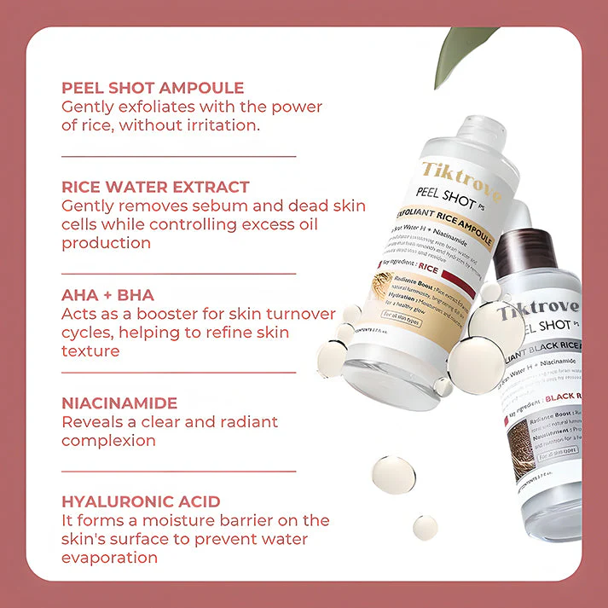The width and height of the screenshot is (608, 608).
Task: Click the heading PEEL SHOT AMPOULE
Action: pyautogui.click(x=153, y=88)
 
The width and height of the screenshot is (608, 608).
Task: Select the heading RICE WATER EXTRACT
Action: pyautogui.click(x=155, y=187)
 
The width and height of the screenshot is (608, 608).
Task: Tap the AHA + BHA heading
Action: pyautogui.click(x=107, y=295)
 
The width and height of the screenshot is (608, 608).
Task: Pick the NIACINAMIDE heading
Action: pyautogui.click(x=119, y=402)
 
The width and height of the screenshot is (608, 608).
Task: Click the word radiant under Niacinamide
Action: pyautogui.click(x=246, y=422)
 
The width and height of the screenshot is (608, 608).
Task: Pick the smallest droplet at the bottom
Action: pyautogui.click(x=425, y=527)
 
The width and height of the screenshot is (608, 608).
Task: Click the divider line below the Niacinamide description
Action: pyautogui.click(x=179, y=471)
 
